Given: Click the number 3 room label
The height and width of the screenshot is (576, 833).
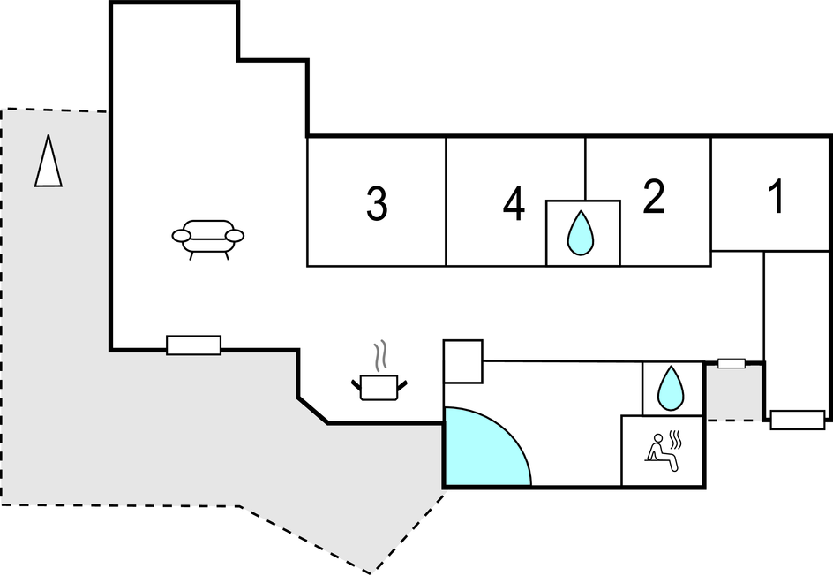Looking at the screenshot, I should coord(377,204).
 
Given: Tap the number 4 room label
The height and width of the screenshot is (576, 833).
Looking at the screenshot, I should coord(514,206).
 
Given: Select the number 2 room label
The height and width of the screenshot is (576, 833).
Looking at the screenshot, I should coord(653,199).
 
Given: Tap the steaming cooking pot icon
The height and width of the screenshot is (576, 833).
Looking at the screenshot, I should coord(380,384).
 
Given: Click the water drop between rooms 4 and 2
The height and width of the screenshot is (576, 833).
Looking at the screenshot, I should coord(581,233).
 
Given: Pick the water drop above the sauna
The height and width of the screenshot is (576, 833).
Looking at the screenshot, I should coord(672,388).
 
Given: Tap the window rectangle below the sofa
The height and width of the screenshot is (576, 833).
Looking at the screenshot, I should coord(193,345).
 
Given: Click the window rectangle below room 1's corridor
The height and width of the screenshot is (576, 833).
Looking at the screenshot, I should coord(797,420).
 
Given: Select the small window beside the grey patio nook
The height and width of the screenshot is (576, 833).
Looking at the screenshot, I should coord(731,363).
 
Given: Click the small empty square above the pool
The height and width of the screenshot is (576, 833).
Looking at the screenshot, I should coord(462,361).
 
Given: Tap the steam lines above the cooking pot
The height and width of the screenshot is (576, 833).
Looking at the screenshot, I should coord(380,357).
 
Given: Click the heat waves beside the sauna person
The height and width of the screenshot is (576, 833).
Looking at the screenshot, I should coord(678,437).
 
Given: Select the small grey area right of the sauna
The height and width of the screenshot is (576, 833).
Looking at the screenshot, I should coord(733,394).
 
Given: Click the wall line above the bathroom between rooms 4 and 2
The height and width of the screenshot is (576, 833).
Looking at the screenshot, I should coord(585,169).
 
